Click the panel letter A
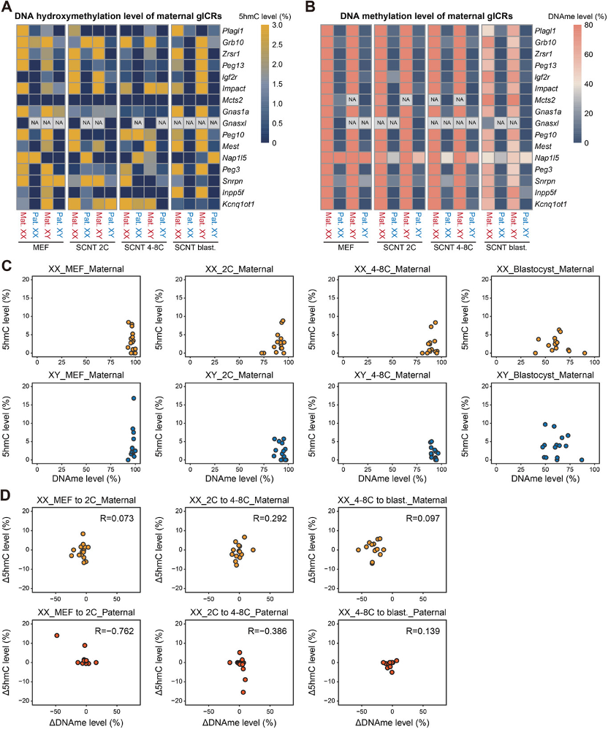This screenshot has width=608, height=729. (x=7, y=9)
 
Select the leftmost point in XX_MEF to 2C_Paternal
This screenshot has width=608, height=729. (x=56, y=636)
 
